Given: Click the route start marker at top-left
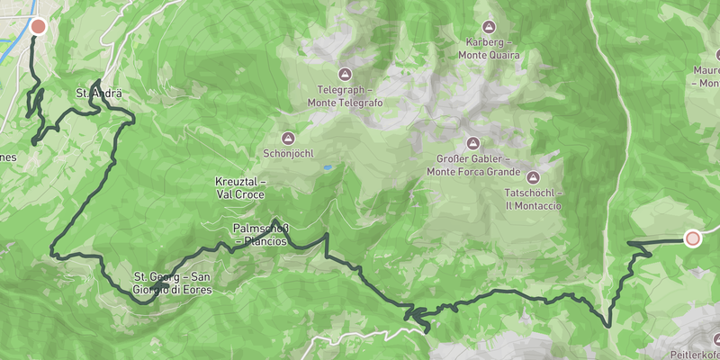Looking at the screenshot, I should pyautogui.click(x=38, y=26).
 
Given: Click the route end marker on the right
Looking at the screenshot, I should pyautogui.click(x=692, y=238).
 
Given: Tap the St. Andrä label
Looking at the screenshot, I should pyautogui.click(x=98, y=93).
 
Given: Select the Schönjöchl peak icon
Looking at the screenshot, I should pyautogui.click(x=288, y=139).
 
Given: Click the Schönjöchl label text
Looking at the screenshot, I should pyautogui.click(x=288, y=153).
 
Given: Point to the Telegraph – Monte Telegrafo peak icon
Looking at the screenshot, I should pyautogui.click(x=345, y=74).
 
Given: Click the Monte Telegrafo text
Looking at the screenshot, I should pyautogui.click(x=346, y=102).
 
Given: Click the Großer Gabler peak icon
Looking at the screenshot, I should pyautogui.click(x=472, y=143).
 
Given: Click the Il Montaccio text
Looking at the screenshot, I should pyautogui.click(x=534, y=205).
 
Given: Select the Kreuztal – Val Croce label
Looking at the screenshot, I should pyautogui.click(x=240, y=187).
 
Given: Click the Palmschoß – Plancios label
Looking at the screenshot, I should pyautogui.click(x=260, y=234).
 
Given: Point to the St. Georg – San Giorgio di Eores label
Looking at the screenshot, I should pyautogui.click(x=174, y=282).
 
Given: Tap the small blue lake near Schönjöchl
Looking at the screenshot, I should pyautogui.click(x=327, y=167).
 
